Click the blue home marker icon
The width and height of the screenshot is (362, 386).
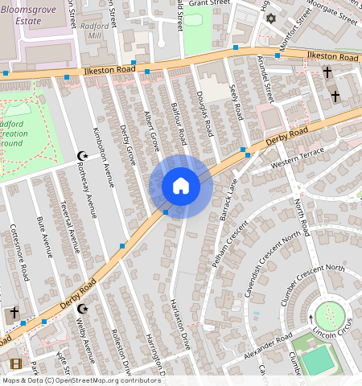(181, 187)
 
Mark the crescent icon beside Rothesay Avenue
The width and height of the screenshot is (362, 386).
(80, 155)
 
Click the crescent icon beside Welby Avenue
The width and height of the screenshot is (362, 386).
(80, 309)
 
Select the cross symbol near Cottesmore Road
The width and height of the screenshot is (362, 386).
(13, 313)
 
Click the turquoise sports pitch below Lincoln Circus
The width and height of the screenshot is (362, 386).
(320, 360)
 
